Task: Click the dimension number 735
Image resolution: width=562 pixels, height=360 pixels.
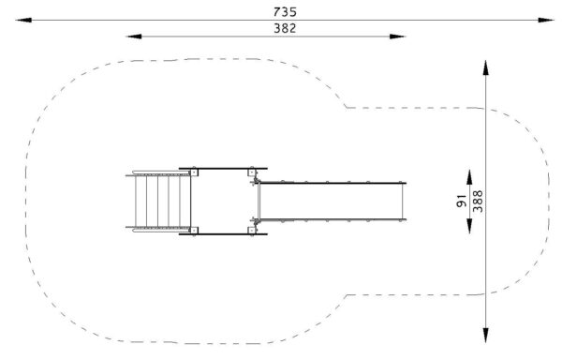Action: click(x=285, y=12)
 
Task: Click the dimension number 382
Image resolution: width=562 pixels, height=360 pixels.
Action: click(x=285, y=28)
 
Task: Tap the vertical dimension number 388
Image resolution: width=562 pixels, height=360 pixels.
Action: click(x=478, y=202)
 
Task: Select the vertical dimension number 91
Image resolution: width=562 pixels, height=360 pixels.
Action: click(x=462, y=202)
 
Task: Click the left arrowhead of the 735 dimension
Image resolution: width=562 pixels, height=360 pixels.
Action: click(x=23, y=20)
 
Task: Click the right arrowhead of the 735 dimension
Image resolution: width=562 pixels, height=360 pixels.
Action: click(x=546, y=20)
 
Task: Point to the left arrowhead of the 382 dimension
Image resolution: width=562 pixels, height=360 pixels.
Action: click(x=134, y=37)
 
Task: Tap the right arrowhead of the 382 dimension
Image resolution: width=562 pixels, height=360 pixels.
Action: click(x=397, y=37)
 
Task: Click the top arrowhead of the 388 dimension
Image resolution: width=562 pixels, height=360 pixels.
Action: click(x=485, y=68)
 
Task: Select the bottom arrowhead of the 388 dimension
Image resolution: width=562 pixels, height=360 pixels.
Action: click(x=485, y=336)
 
